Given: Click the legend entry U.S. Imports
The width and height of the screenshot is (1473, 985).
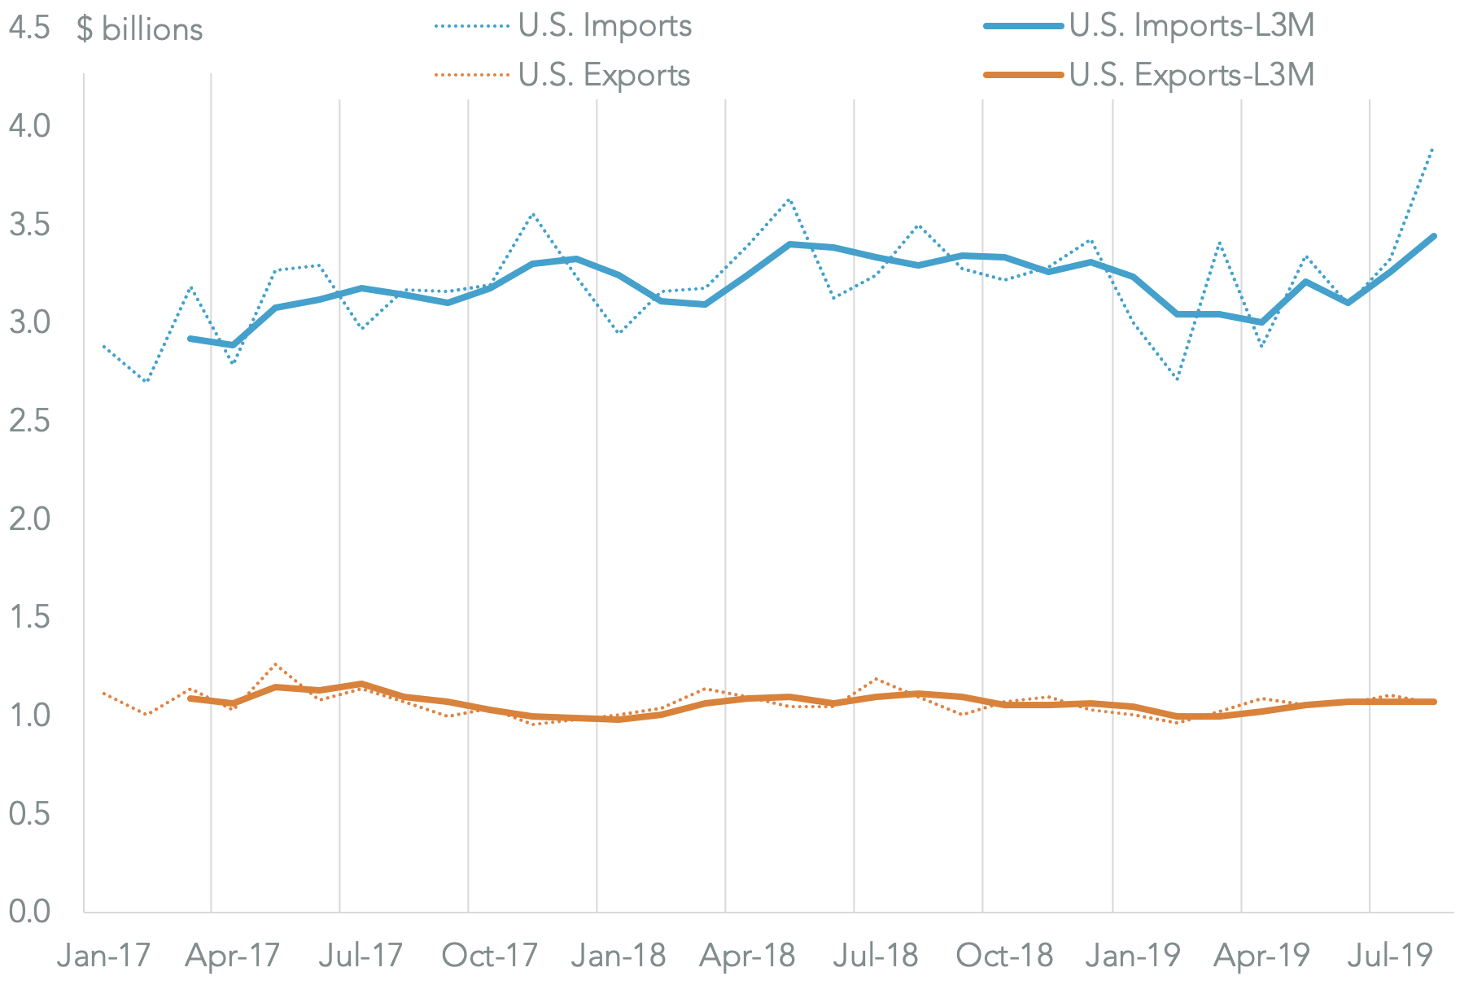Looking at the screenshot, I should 605,26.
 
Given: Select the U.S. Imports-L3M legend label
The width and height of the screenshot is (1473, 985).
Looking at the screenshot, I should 1191,26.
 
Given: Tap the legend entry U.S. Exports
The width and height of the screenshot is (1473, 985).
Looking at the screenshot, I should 604,76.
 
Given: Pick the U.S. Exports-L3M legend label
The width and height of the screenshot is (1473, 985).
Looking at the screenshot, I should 1191,76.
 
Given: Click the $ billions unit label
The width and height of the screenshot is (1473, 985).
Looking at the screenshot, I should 139,29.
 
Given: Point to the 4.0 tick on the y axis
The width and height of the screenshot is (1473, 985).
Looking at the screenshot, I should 29,126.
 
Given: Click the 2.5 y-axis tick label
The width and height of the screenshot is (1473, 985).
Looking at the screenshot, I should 29,421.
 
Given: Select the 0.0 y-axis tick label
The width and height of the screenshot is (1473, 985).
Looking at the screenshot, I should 29,912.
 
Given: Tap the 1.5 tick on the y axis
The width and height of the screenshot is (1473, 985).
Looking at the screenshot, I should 29,617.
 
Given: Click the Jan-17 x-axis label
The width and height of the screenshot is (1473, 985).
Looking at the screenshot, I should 103,956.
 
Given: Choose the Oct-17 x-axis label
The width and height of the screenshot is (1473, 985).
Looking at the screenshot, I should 489,956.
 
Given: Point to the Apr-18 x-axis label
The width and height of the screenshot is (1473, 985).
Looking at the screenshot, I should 747,956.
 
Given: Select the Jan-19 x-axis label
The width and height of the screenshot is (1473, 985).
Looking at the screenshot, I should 1133,956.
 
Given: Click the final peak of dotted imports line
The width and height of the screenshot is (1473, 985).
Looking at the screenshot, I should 1432,149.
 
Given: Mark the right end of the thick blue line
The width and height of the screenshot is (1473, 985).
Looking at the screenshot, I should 1434,236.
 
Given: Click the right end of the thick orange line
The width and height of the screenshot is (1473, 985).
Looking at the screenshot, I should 1434,702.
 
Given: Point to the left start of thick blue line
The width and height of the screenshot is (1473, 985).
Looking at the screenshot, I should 190,338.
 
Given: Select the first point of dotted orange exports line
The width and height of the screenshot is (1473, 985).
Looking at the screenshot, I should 103,693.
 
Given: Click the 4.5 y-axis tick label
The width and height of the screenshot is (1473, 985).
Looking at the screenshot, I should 29,29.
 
